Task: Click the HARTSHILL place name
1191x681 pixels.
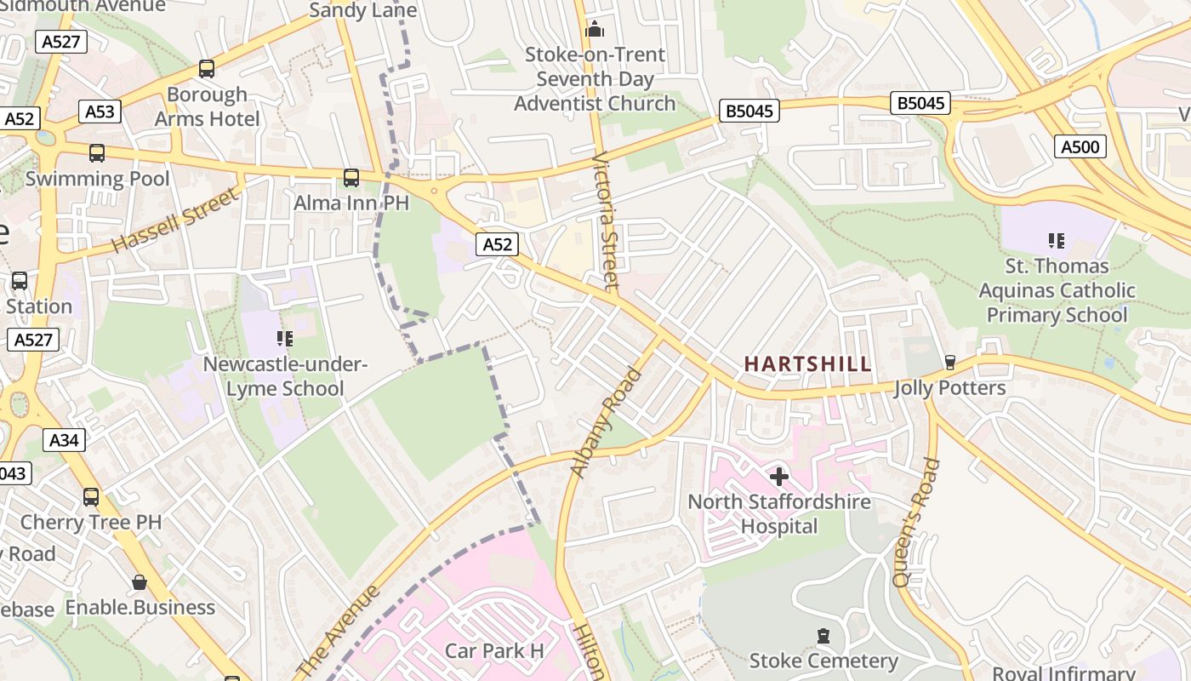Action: (807, 363)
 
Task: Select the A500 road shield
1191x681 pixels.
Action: (1080, 146)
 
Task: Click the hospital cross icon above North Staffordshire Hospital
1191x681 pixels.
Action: (778, 476)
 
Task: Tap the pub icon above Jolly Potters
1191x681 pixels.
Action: (950, 363)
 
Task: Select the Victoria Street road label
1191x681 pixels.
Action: (606, 221)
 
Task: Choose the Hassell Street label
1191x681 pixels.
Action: (176, 220)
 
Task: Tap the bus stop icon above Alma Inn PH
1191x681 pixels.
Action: (350, 178)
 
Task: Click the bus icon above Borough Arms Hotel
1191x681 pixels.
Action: (207, 69)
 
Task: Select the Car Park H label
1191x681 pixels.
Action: (494, 651)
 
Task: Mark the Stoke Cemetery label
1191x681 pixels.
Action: (823, 661)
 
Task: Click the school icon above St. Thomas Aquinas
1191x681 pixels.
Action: (1056, 241)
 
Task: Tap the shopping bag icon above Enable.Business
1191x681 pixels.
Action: (140, 582)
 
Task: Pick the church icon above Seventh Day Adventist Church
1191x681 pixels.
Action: (594, 30)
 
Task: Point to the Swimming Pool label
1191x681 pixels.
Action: (97, 179)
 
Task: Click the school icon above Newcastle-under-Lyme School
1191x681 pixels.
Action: (284, 339)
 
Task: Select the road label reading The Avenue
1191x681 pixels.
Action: (339, 632)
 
